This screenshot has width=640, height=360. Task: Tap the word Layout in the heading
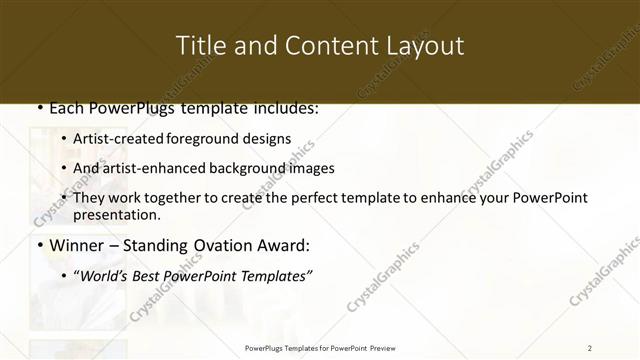pos(425,46)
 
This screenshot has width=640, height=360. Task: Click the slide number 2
pos(590,348)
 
